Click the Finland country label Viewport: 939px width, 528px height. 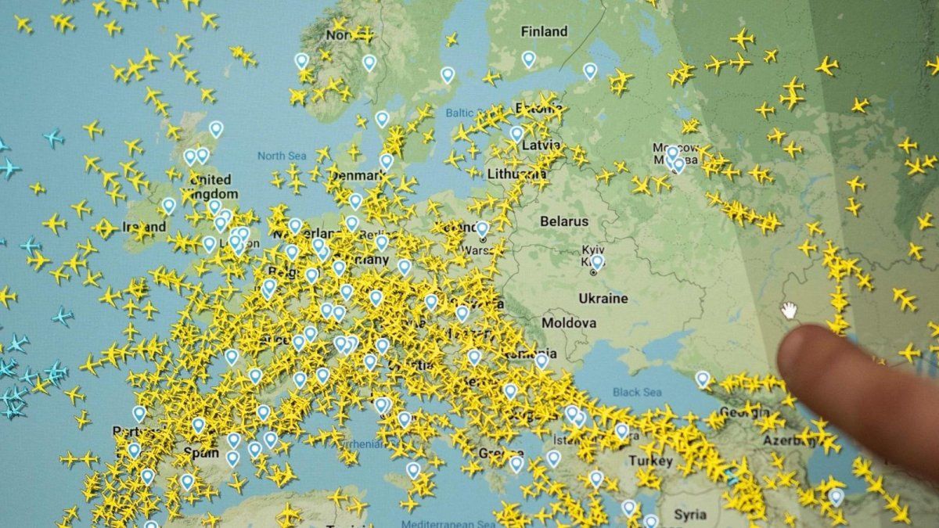point(544,32)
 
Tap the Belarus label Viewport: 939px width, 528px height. point(563,221)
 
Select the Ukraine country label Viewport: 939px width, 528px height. point(603,298)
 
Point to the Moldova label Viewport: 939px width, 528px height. point(569,322)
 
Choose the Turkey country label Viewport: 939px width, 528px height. point(650,460)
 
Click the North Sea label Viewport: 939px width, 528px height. point(281,156)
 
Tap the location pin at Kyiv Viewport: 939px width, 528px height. point(597,261)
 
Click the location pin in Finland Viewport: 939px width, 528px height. point(529,59)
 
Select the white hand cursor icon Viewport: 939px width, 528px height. point(789,310)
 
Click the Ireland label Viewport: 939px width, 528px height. point(144,227)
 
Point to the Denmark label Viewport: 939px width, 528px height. point(354,175)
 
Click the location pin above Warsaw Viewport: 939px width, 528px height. point(482,228)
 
